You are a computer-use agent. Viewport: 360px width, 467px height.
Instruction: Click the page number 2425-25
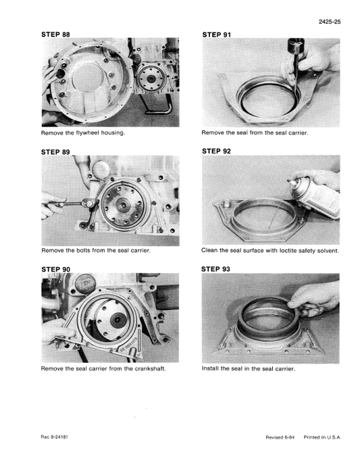pos(329,22)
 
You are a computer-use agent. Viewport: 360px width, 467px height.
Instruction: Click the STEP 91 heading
pos(216,33)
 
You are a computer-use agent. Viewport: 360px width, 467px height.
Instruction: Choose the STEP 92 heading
pos(216,151)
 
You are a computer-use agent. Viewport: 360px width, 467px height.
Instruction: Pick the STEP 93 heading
pos(216,268)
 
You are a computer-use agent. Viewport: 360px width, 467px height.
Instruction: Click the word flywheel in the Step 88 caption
pos(87,132)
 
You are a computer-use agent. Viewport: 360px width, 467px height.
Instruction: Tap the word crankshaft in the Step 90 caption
pos(147,369)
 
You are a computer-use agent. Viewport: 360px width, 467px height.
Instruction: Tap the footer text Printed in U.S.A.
pos(323,438)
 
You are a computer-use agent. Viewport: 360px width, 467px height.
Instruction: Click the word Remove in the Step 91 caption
pos(213,132)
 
